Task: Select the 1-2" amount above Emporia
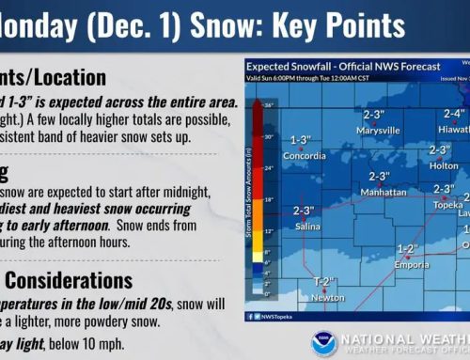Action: pos(406,249)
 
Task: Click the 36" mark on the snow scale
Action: pos(267,104)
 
